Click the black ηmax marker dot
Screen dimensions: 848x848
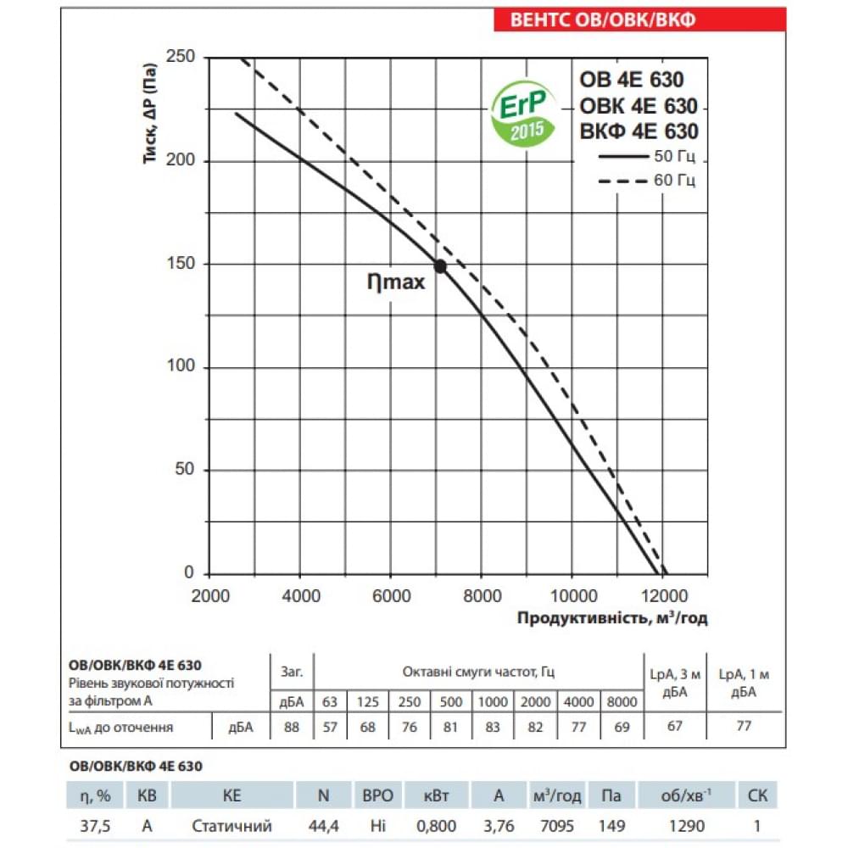pyautogui.click(x=440, y=266)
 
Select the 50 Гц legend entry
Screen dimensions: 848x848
pyautogui.click(x=649, y=158)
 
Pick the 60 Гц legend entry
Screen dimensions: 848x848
pyautogui.click(x=649, y=181)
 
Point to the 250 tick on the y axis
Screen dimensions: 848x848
pyautogui.click(x=180, y=58)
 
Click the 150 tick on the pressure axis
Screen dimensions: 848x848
pyautogui.click(x=180, y=264)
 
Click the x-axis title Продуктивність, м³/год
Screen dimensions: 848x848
pyautogui.click(x=612, y=618)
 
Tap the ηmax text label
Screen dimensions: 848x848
pyautogui.click(x=395, y=283)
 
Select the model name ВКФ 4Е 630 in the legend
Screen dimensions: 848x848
pyautogui.click(x=639, y=131)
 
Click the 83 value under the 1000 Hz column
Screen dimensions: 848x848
pyautogui.click(x=493, y=726)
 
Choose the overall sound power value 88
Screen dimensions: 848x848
pyautogui.click(x=291, y=726)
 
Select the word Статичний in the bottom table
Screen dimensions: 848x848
pyautogui.click(x=232, y=824)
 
